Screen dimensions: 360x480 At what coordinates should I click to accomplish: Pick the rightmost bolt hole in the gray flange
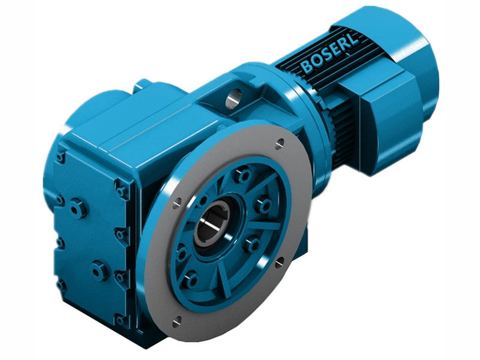pos(280,261)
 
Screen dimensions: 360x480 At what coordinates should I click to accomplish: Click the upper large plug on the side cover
pos(78,209)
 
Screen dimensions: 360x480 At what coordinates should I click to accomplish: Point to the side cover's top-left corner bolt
pos(61,157)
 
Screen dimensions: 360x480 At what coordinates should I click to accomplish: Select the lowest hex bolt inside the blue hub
pos(191,280)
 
